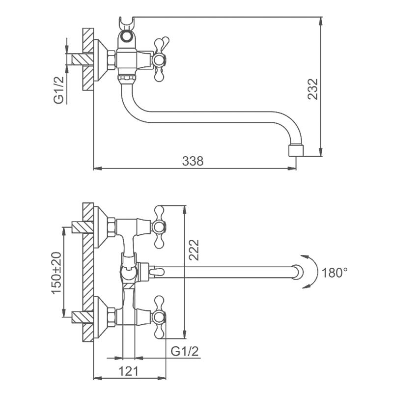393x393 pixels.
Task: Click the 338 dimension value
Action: pos(193,161)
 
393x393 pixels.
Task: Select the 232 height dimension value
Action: pos(313,89)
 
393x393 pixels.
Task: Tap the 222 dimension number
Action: pos(193,250)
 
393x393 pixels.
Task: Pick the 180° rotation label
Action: pos(335,272)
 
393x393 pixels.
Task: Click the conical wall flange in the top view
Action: pos(101,60)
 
